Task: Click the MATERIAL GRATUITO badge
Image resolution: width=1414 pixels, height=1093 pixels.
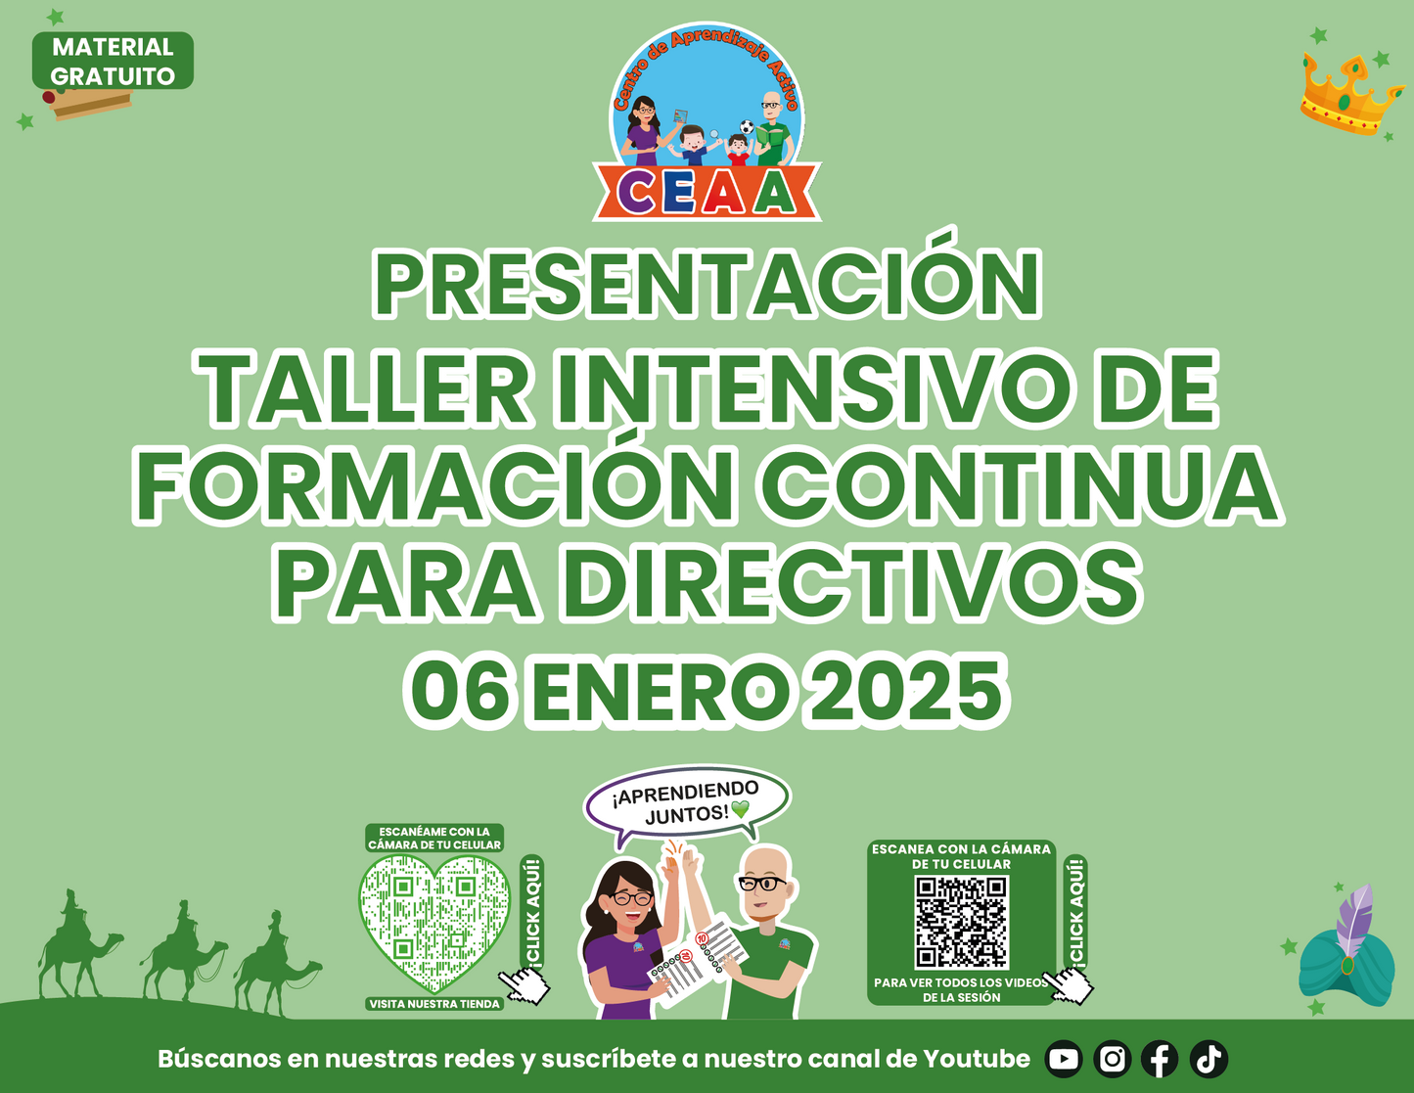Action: tap(113, 61)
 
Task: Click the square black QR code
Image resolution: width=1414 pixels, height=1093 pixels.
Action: tap(961, 923)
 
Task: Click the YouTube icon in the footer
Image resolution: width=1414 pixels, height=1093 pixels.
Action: tap(1064, 1059)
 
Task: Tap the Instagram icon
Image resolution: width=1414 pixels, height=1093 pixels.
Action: tap(1112, 1059)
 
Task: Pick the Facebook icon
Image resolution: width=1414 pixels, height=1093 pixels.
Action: tap(1161, 1059)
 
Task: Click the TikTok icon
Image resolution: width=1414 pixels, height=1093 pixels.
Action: tap(1209, 1059)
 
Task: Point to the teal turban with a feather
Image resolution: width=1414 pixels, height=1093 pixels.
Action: tap(1348, 955)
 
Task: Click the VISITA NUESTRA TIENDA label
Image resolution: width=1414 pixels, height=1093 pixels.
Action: tap(434, 1004)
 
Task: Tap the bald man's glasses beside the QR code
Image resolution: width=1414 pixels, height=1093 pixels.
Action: tap(761, 884)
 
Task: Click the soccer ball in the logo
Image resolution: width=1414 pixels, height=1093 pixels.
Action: tap(747, 126)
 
